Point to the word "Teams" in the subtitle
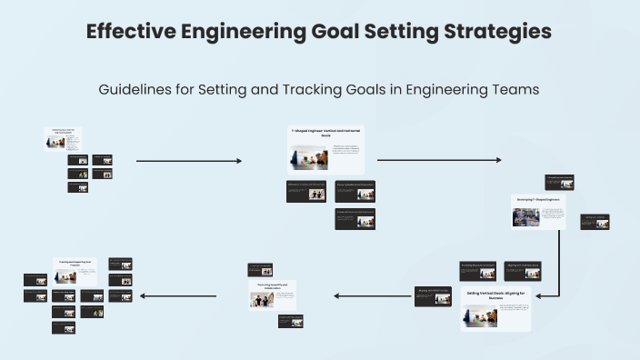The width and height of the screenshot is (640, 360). (514, 90)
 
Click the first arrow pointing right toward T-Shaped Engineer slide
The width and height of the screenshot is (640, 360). (189, 161)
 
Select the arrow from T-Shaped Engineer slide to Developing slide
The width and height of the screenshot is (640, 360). (438, 161)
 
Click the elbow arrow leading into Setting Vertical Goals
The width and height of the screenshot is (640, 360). (556, 273)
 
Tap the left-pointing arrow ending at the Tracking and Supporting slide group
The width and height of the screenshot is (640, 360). (178, 295)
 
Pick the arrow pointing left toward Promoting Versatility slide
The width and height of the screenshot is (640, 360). (373, 295)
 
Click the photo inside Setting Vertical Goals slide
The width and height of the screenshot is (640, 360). (479, 315)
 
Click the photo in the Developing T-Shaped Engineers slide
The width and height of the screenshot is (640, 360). (526, 217)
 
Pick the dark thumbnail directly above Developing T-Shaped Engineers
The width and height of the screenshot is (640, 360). (559, 182)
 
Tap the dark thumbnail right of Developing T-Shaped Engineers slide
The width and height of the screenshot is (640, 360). (595, 222)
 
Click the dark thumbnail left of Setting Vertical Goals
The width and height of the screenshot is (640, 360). (433, 296)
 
